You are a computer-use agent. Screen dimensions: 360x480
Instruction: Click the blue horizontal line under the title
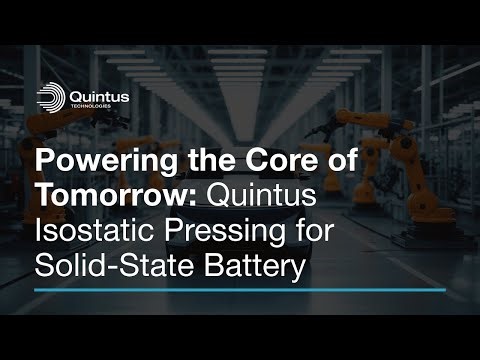[239, 290]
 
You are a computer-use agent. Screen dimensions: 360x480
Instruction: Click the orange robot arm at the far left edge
[12, 130]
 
